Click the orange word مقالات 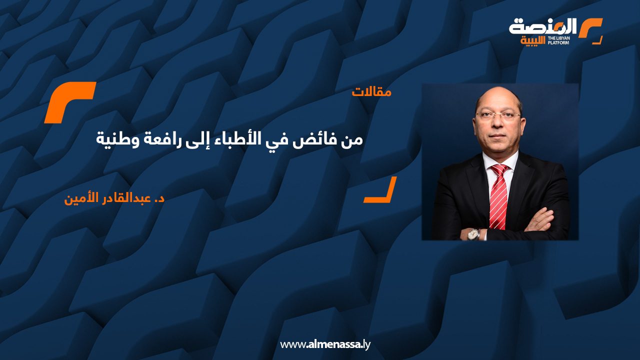(x=371, y=92)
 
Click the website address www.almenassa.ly (x=325, y=344)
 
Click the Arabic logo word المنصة (x=543, y=26)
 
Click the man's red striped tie (x=498, y=195)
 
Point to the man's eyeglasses (x=497, y=115)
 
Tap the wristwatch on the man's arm (x=472, y=233)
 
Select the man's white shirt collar (x=500, y=161)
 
